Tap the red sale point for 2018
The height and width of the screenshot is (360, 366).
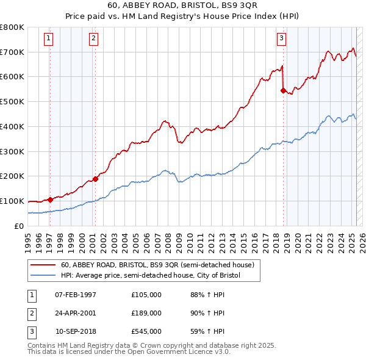[x=283, y=90]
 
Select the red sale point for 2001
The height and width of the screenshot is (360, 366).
[x=95, y=179]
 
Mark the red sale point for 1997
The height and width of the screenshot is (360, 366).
[x=49, y=200]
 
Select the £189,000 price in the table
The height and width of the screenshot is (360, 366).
[x=146, y=313]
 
